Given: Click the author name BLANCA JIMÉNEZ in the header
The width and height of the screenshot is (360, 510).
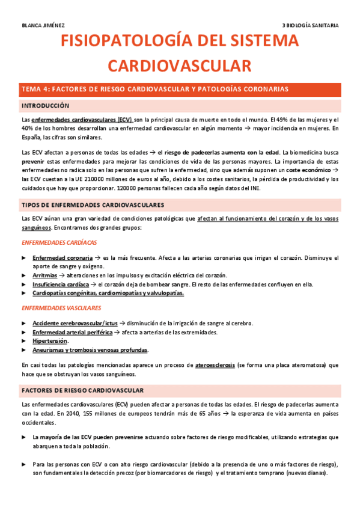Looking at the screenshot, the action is (43, 25).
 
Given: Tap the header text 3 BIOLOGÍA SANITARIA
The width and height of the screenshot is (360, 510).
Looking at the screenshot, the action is (311, 25).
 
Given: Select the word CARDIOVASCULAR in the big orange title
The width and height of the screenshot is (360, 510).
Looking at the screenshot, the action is (180, 65).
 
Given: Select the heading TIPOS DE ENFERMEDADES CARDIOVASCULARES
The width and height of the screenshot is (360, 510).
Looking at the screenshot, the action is (92, 205).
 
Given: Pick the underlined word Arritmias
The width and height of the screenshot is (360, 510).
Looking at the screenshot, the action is (46, 275).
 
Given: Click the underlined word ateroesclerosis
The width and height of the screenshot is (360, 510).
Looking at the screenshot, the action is (215, 365).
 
